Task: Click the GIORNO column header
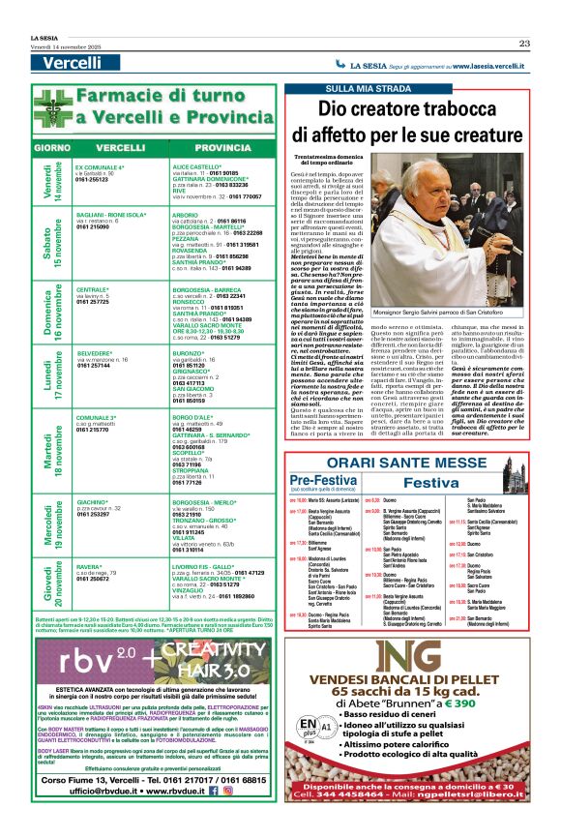51,147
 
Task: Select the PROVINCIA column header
221,147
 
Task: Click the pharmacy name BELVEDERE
94,353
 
